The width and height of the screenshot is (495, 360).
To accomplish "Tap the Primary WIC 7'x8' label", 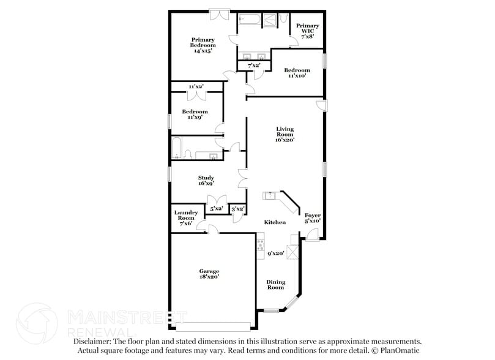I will pyautogui.click(x=307, y=31).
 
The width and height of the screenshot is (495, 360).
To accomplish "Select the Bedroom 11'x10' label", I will pyautogui.click(x=296, y=72).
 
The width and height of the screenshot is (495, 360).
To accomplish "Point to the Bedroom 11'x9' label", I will pyautogui.click(x=195, y=114).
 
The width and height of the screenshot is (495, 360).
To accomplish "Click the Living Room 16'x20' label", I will pyautogui.click(x=285, y=134).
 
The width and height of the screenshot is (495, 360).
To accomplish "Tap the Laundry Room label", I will pyautogui.click(x=187, y=218).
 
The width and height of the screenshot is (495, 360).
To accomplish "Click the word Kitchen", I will pyautogui.click(x=275, y=222).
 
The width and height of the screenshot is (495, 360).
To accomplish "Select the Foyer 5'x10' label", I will pyautogui.click(x=313, y=218).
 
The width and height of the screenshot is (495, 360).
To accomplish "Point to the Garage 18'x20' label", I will pyautogui.click(x=209, y=274).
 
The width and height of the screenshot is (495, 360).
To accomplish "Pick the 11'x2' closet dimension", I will pyautogui.click(x=196, y=86).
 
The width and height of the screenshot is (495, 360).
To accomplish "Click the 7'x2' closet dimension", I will pyautogui.click(x=254, y=65).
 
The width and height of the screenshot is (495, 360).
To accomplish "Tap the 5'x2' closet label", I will pyautogui.click(x=216, y=209).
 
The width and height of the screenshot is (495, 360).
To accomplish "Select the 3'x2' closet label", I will pyautogui.click(x=238, y=209).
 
